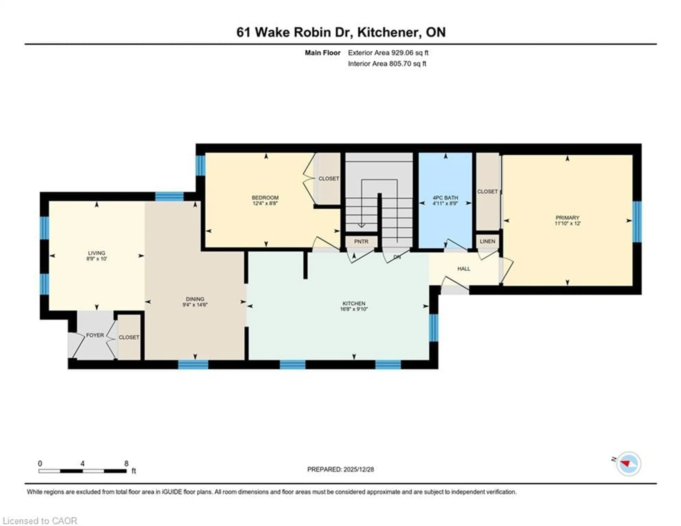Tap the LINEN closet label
(x=487, y=241)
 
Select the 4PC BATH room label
(x=445, y=198)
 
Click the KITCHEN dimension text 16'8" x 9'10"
(x=354, y=309)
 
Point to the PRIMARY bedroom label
(x=567, y=217)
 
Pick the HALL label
(x=464, y=269)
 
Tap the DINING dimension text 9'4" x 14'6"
(x=195, y=305)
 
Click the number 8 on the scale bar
(x=126, y=464)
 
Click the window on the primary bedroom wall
(x=637, y=221)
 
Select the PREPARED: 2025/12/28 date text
(x=340, y=469)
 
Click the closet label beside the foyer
(x=129, y=337)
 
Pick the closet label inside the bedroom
(x=329, y=179)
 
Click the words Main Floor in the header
(x=322, y=53)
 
